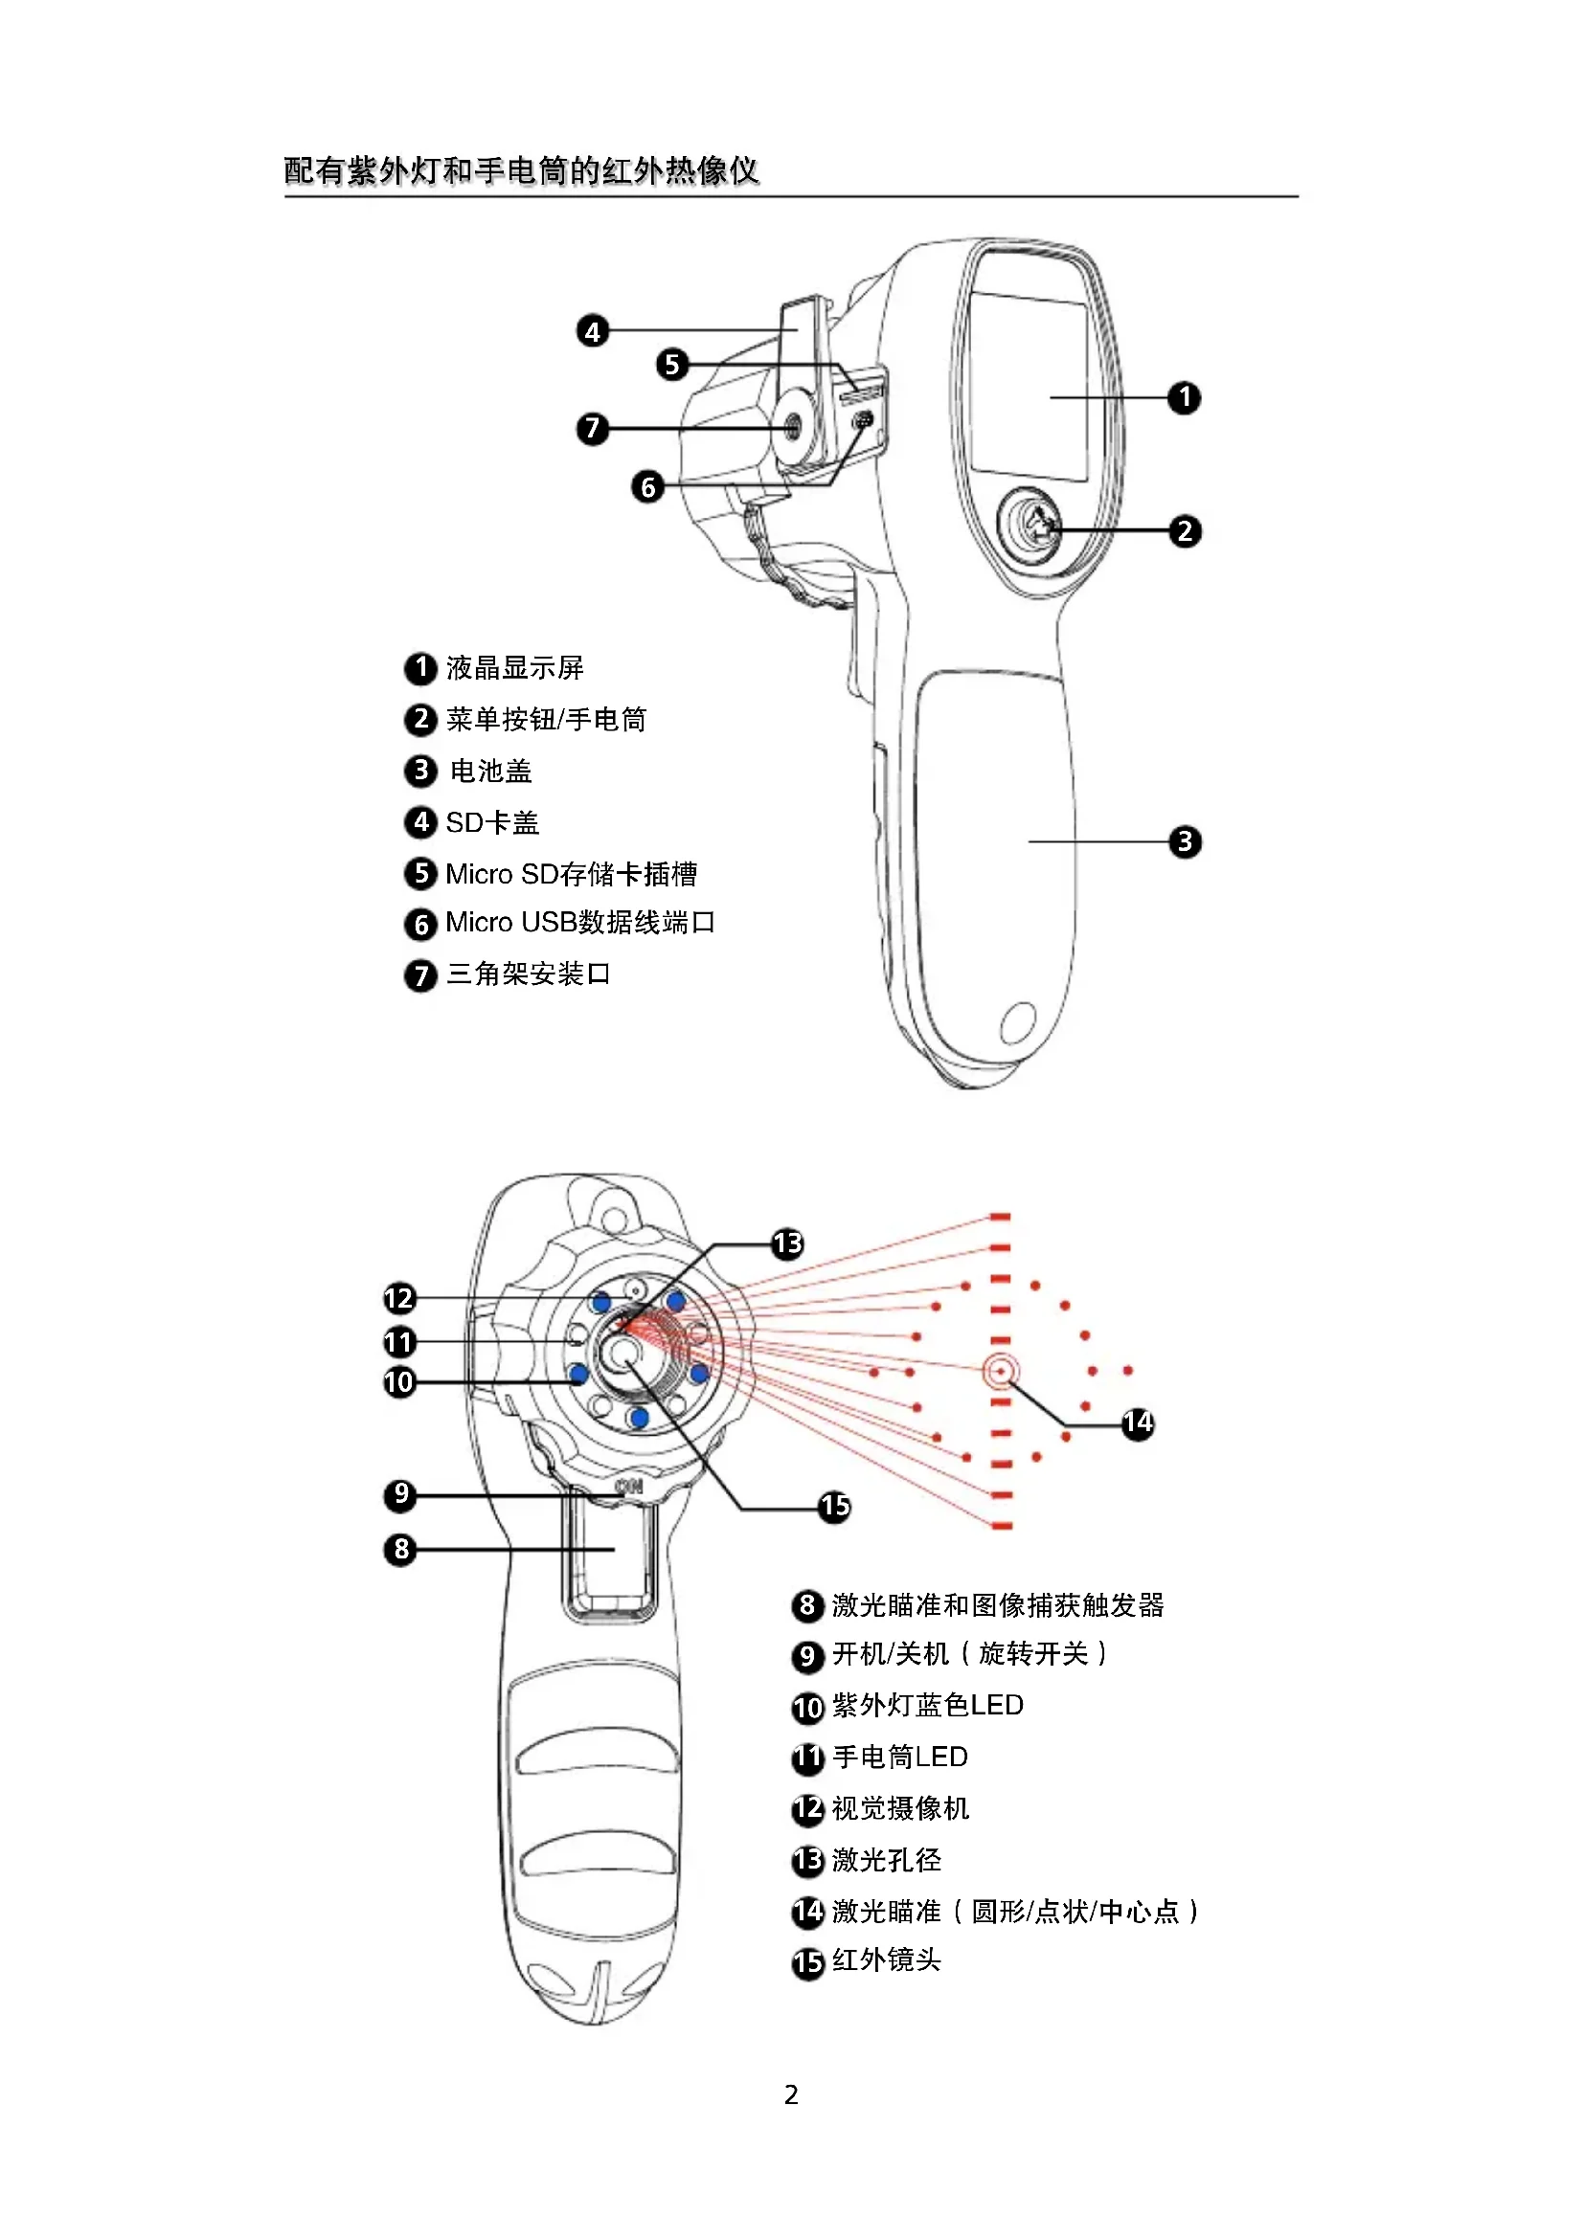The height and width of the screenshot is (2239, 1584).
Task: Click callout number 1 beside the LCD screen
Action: point(1184,398)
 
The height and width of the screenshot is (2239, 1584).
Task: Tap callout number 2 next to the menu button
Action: point(1184,531)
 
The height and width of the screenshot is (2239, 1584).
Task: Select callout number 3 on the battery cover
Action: point(1184,841)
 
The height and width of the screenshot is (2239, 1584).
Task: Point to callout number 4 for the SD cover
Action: point(592,331)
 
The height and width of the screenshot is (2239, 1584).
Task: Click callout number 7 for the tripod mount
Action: point(592,428)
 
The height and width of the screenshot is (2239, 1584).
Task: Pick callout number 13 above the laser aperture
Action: point(787,1243)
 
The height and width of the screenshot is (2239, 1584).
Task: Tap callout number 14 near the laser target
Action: point(1138,1422)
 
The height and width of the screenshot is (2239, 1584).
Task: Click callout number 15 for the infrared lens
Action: point(834,1507)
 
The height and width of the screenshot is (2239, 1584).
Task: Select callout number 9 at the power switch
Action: point(400,1495)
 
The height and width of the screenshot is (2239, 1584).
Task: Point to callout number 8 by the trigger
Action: point(400,1549)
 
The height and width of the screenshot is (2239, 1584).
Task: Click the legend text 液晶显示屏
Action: point(515,668)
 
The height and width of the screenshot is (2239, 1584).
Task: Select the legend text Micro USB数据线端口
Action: point(580,923)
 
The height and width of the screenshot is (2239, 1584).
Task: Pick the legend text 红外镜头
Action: point(886,1960)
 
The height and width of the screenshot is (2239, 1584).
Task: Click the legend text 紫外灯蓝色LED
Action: point(928,1706)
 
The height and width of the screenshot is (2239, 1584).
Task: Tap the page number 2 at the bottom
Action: point(791,2094)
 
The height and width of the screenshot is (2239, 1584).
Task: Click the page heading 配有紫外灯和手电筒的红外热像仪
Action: point(521,170)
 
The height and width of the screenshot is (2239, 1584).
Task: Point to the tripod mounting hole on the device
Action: point(792,425)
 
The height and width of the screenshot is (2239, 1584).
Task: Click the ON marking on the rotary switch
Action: point(630,1488)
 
